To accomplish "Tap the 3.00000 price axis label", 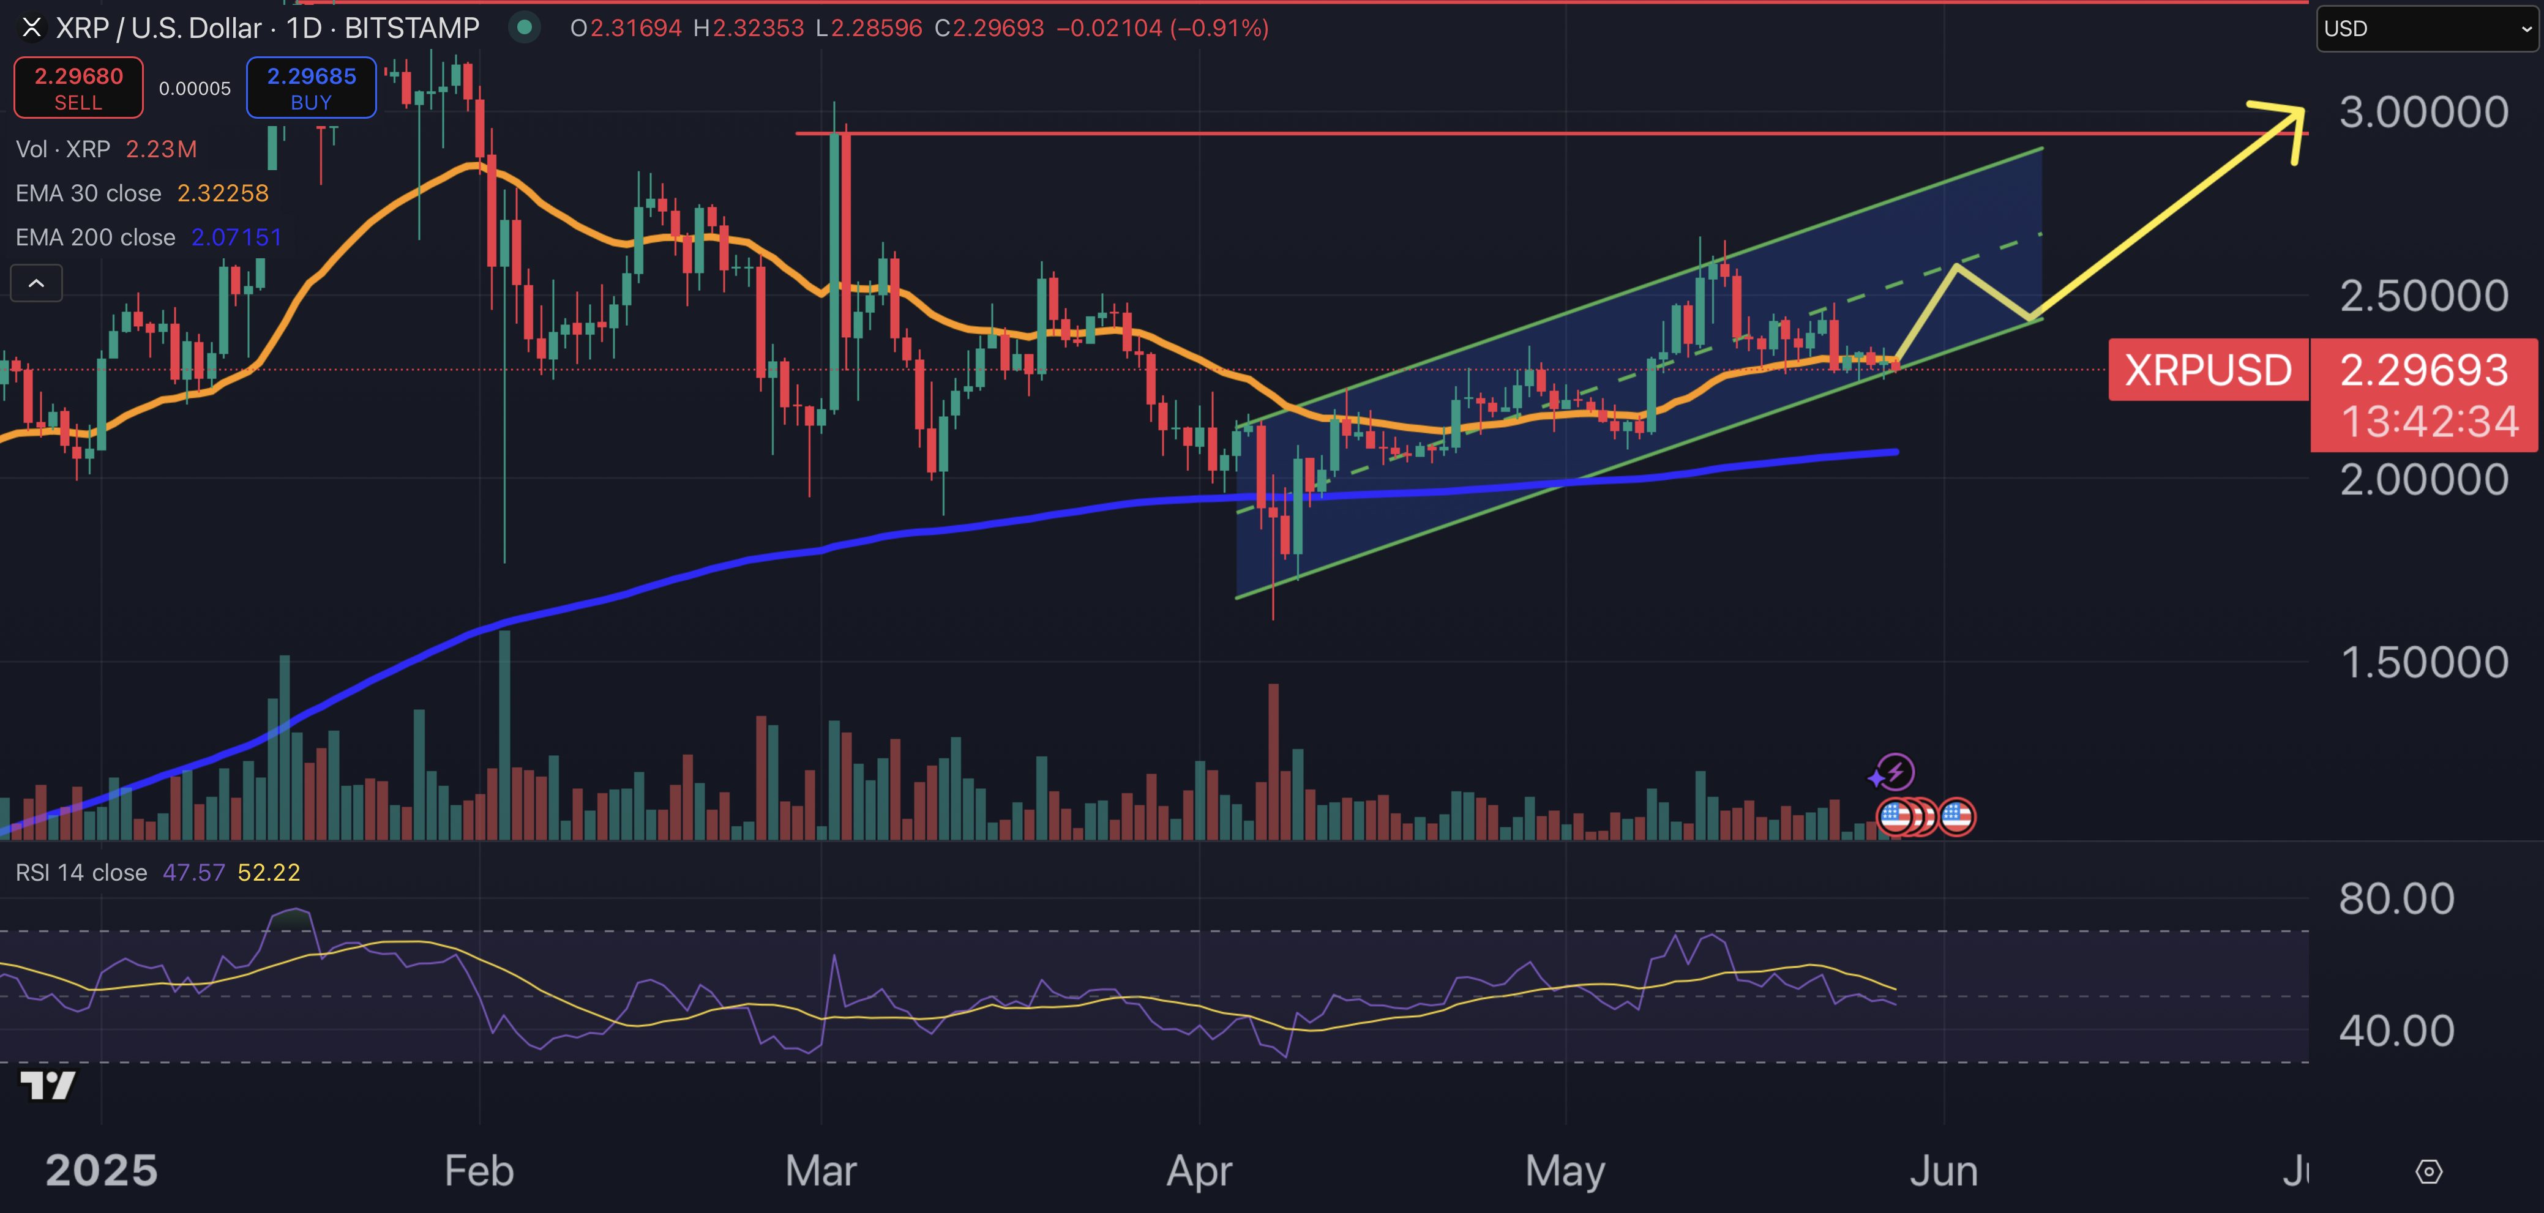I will coord(2423,113).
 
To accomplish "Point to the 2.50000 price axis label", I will coord(2423,296).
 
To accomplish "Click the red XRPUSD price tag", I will coord(2208,370).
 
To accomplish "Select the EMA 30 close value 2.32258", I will coord(222,193).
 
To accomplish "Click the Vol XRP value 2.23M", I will coord(161,150).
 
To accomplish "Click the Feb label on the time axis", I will coord(479,1171).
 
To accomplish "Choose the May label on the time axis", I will coord(1565,1171).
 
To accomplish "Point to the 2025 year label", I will coord(101,1171).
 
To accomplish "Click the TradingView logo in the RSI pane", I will coord(47,1086).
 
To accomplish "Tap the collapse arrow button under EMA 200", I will coord(37,283).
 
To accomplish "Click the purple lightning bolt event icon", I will coord(1894,772).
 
